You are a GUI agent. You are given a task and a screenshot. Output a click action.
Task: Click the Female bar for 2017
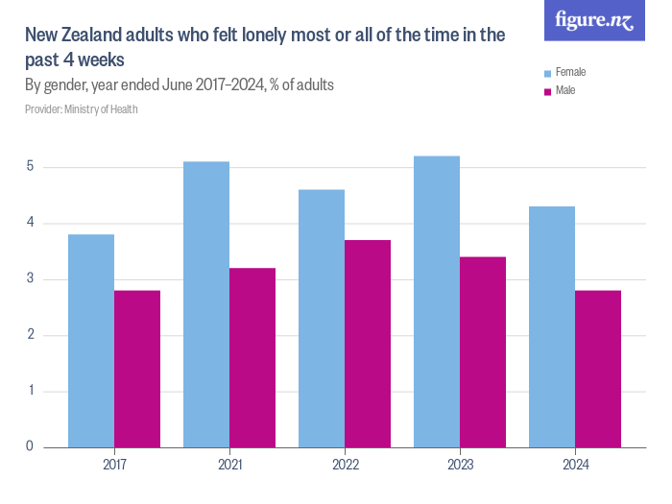click(91, 341)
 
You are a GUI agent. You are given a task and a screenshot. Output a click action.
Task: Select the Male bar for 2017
click(137, 369)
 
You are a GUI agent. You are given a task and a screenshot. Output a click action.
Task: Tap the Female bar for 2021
click(206, 304)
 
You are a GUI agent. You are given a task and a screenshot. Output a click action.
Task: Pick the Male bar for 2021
click(252, 357)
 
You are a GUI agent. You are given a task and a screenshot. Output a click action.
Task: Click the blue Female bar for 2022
click(322, 319)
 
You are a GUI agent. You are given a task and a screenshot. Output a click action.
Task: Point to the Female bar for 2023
click(437, 301)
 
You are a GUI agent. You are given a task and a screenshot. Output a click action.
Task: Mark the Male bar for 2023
click(483, 351)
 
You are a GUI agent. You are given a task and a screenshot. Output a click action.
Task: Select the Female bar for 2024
click(552, 326)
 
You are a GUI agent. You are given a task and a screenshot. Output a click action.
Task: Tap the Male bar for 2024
click(598, 369)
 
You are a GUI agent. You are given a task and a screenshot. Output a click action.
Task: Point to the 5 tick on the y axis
click(30, 167)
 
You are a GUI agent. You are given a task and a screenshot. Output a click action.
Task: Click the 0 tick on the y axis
click(30, 446)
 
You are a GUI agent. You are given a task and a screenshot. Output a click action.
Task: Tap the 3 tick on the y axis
click(30, 279)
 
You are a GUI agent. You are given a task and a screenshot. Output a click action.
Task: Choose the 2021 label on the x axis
click(229, 465)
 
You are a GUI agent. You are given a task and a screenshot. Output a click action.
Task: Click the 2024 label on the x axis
click(575, 465)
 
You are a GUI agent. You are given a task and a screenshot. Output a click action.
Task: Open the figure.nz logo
click(595, 20)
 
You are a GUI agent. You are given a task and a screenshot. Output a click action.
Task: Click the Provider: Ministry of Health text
click(82, 109)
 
